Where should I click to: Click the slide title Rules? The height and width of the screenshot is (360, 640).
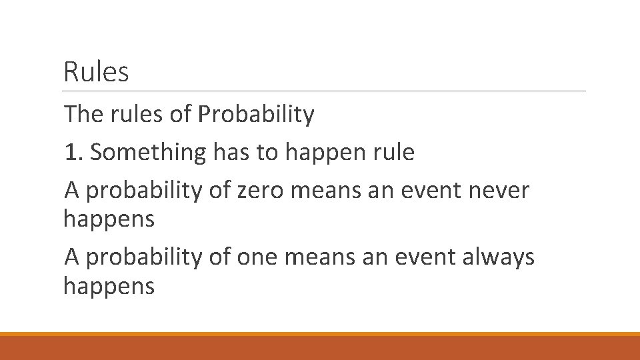coord(96,71)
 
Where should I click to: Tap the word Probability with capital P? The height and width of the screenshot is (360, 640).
coord(256,115)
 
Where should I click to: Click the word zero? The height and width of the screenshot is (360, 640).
coord(256,191)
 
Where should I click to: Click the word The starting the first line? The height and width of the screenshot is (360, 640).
coord(81,115)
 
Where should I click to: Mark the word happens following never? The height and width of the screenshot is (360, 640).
coord(109,219)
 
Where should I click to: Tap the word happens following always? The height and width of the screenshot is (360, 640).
coord(109,287)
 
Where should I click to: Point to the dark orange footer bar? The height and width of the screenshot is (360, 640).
coord(320,348)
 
